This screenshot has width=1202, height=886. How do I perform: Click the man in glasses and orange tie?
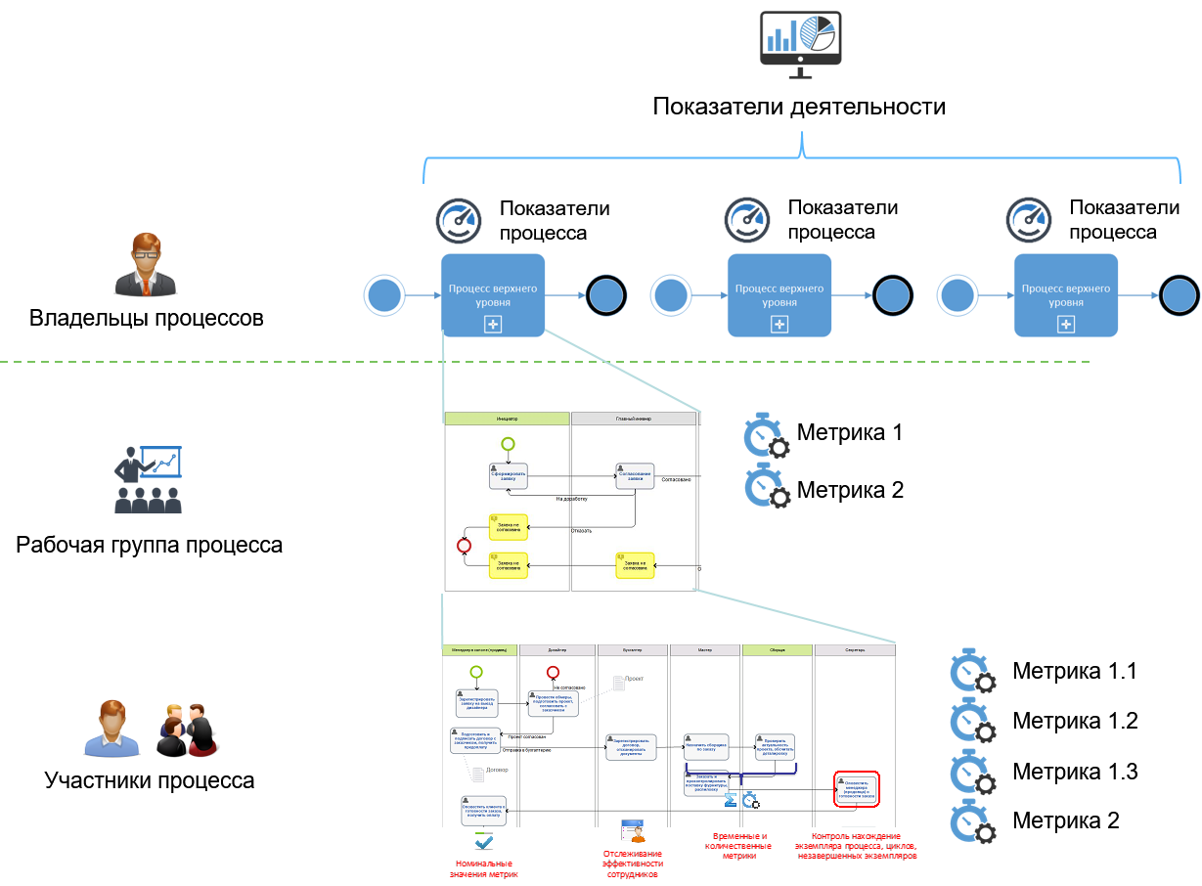click(146, 264)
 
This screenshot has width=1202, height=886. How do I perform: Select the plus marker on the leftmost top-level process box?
click(493, 325)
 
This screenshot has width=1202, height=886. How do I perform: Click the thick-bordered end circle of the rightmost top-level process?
click(1179, 295)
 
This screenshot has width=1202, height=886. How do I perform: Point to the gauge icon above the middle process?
click(747, 220)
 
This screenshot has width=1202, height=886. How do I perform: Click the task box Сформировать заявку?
click(508, 476)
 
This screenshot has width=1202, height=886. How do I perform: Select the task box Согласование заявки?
click(635, 475)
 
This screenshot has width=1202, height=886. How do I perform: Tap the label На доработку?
click(572, 499)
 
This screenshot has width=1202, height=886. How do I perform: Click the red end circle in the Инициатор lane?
click(465, 546)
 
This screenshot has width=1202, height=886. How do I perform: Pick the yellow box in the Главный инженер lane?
click(635, 565)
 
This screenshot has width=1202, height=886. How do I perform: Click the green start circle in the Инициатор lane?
click(508, 444)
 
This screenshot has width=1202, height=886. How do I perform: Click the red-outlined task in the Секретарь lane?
click(858, 788)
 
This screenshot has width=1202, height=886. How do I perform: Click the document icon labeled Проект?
click(618, 682)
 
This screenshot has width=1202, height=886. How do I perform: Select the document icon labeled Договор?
click(477, 775)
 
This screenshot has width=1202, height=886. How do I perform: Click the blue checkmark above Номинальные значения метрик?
click(483, 841)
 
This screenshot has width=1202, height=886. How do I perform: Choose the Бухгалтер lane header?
click(632, 649)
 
